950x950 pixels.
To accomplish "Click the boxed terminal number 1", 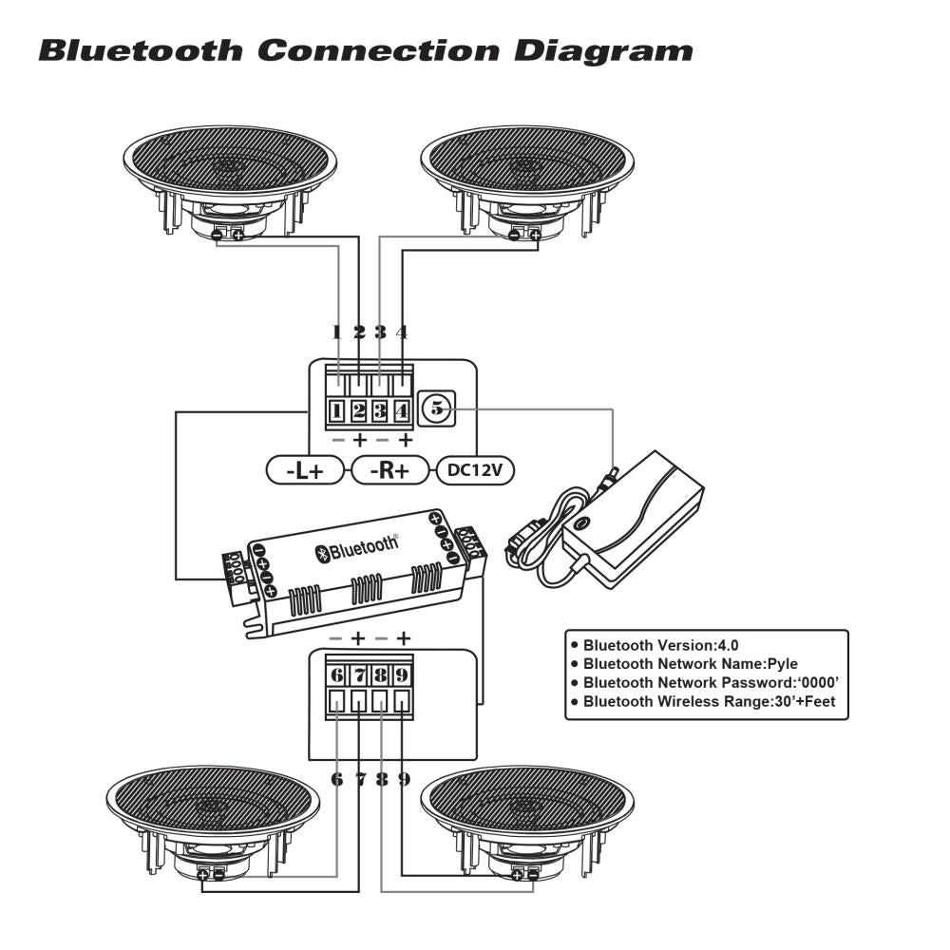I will click(x=337, y=412).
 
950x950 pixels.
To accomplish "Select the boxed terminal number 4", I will click(x=402, y=412).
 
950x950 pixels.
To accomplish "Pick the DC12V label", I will click(x=474, y=470).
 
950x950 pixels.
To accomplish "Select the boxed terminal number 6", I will click(x=337, y=675).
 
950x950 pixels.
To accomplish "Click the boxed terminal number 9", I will click(x=402, y=675).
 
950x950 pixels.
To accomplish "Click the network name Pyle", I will click(x=781, y=664).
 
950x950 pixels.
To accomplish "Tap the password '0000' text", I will click(x=819, y=683).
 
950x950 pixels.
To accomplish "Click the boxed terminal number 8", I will click(x=381, y=675).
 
